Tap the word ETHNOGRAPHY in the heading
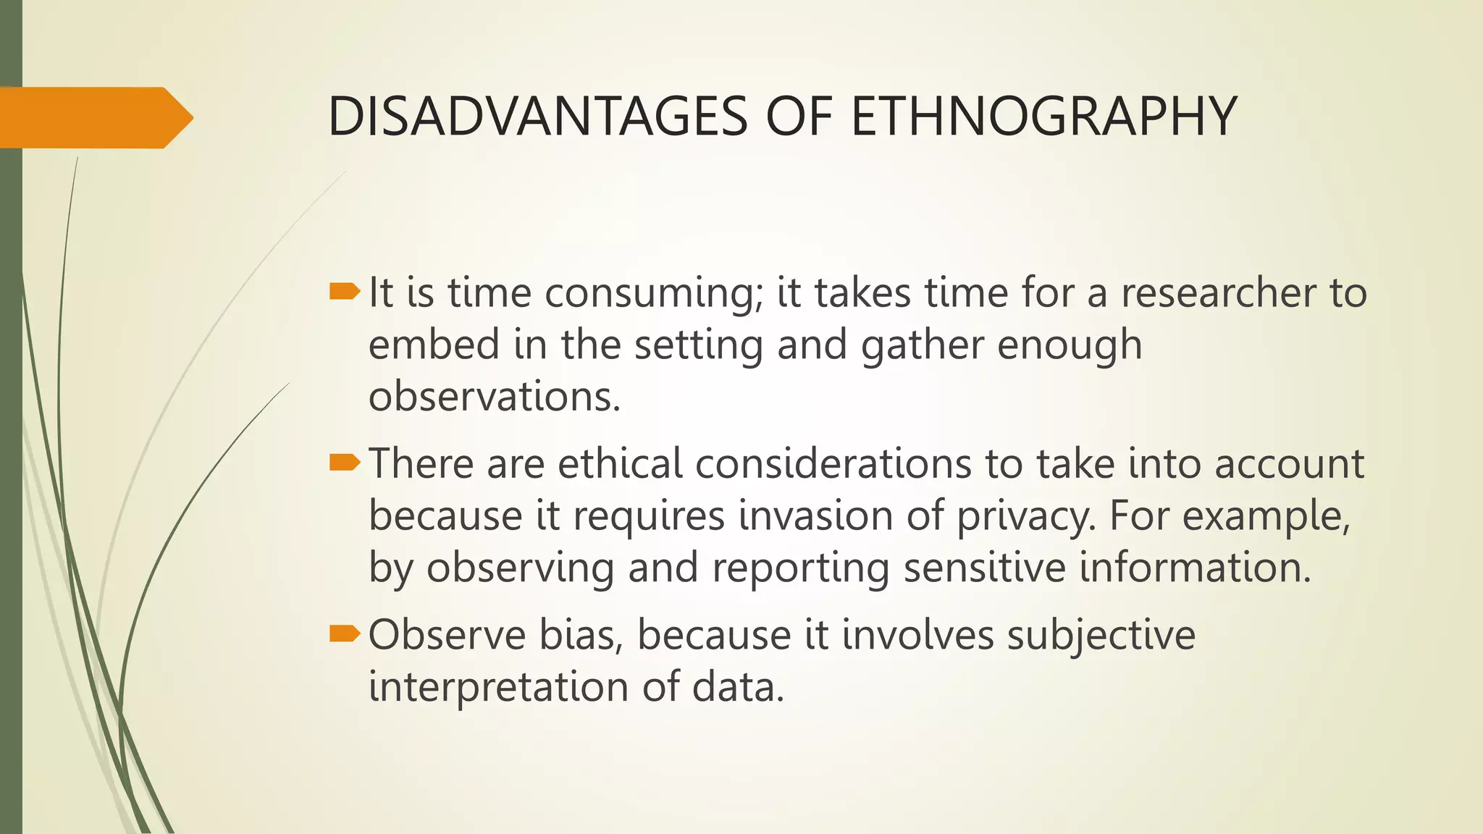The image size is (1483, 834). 1043,117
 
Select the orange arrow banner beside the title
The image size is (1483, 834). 94,117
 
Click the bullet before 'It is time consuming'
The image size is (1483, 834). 344,292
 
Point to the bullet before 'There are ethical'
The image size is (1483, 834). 344,463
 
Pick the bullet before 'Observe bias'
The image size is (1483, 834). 344,634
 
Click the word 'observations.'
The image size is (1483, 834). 495,397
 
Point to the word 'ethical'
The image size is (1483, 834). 621,464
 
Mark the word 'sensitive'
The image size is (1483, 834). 985,568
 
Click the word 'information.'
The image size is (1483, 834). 1196,568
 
